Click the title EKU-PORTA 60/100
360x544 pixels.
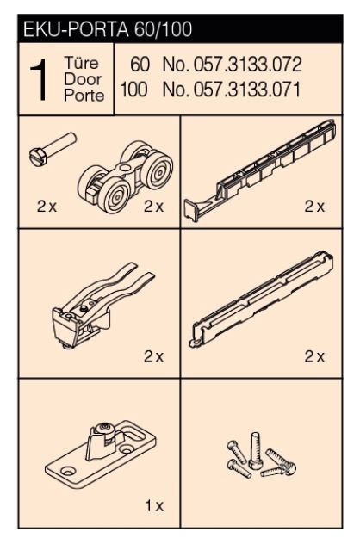click(x=108, y=29)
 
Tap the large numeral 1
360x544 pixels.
click(x=39, y=79)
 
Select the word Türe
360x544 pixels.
click(x=81, y=63)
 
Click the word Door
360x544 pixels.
click(x=83, y=79)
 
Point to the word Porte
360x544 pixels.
click(x=84, y=96)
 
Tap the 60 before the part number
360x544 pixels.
click(x=140, y=65)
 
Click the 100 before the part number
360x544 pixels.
click(x=134, y=90)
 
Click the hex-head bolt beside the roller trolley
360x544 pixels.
click(x=53, y=149)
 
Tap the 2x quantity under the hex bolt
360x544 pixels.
click(x=47, y=207)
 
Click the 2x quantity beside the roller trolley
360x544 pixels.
click(x=153, y=207)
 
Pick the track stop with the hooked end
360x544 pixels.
click(x=260, y=170)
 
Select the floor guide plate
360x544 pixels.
click(x=101, y=453)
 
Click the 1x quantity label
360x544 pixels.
click(x=154, y=506)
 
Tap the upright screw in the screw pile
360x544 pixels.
click(x=256, y=450)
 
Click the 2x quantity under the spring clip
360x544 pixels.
click(x=153, y=356)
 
